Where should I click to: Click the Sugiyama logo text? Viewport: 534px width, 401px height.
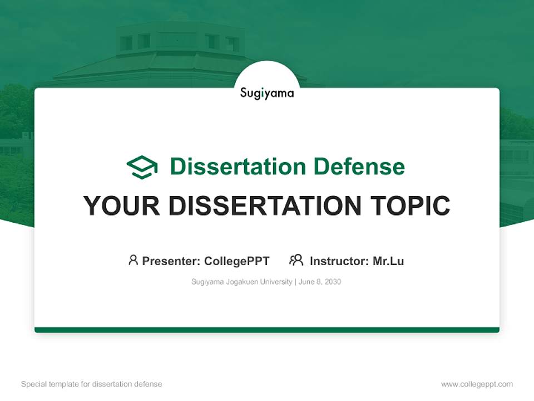267,93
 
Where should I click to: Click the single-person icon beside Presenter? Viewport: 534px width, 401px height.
133,260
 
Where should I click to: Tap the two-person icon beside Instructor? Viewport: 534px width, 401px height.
296,260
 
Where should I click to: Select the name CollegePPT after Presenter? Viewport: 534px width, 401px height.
236,261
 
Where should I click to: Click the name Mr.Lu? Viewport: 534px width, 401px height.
388,261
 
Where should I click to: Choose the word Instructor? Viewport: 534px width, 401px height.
339,261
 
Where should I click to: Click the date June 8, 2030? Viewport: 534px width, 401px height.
320,282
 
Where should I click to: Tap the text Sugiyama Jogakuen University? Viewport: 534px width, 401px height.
241,282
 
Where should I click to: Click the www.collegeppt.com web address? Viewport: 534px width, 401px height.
477,384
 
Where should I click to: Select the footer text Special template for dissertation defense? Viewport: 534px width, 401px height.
91,384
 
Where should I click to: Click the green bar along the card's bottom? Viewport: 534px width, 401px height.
267,330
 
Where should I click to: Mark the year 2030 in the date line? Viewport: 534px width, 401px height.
332,282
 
